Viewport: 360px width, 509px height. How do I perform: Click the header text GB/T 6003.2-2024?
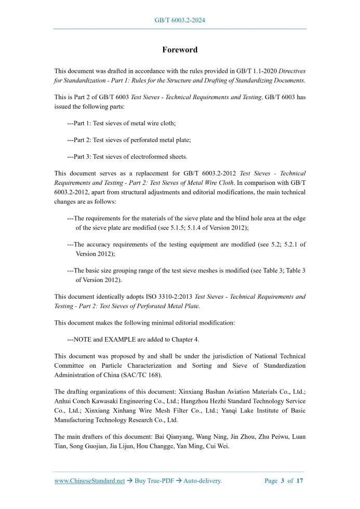click(x=180, y=20)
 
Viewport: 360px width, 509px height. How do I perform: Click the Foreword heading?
click(x=180, y=50)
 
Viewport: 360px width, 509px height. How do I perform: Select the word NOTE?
click(x=84, y=339)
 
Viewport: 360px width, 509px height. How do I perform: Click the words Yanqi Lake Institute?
click(x=242, y=410)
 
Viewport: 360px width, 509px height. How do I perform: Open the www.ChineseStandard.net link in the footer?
click(x=89, y=481)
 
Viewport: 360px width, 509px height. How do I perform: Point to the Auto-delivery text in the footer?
click(x=202, y=481)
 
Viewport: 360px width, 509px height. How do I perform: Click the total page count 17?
click(x=300, y=481)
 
